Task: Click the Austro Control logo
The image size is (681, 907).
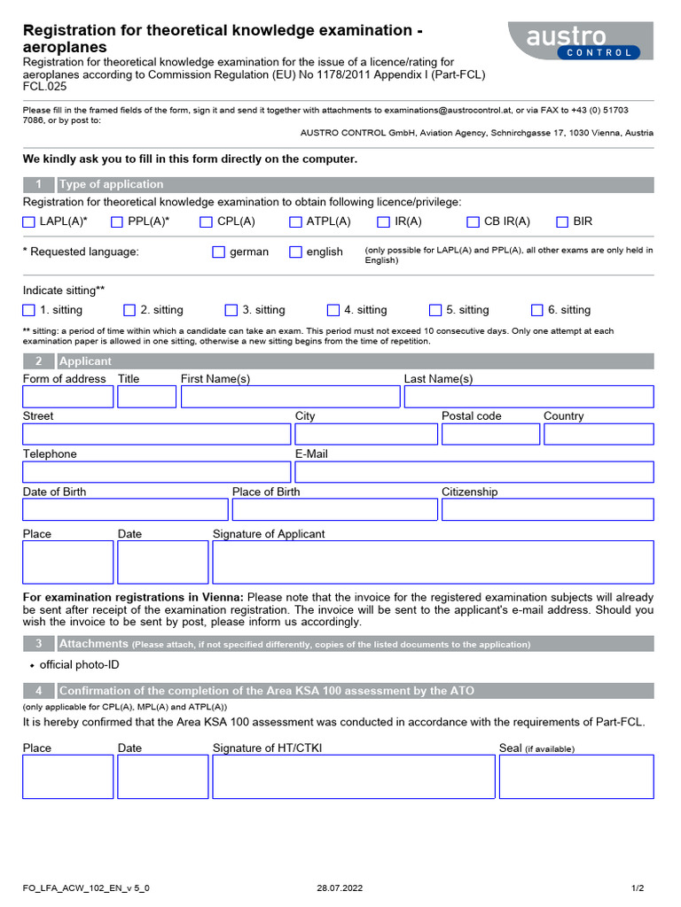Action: click(580, 41)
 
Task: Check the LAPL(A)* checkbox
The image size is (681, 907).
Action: click(29, 222)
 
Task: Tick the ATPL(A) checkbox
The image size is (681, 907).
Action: click(295, 222)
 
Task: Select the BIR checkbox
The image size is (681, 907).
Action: click(562, 222)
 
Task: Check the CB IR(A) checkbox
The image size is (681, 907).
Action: click(473, 222)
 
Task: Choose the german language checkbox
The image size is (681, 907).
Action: click(219, 252)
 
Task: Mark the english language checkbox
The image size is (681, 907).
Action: click(295, 252)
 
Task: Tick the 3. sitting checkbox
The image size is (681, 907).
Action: click(231, 310)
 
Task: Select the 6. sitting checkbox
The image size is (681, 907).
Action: click(537, 310)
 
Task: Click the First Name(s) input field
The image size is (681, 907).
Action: click(290, 397)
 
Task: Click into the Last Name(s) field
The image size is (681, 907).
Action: click(528, 397)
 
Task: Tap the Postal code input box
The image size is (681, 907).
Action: click(490, 434)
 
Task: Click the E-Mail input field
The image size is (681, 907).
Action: click(474, 472)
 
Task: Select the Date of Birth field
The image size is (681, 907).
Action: click(125, 509)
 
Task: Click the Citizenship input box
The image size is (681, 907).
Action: click(547, 509)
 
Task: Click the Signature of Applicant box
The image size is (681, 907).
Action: click(433, 562)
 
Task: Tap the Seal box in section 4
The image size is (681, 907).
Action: click(575, 777)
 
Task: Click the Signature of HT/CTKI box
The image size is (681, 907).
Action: click(353, 777)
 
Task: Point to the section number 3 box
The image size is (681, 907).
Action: click(38, 644)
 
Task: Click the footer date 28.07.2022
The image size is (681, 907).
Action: click(340, 888)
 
